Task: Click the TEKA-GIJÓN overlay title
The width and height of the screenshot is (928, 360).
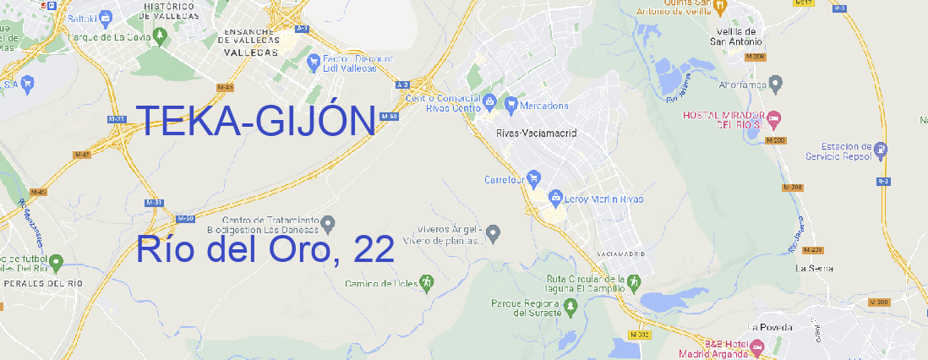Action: [255, 123]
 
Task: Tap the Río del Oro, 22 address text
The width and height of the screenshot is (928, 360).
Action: [265, 249]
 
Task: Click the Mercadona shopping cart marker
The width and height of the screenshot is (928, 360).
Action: [511, 106]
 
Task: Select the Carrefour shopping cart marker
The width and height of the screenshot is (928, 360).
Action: [534, 179]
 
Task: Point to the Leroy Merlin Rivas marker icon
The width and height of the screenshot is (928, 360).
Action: [555, 199]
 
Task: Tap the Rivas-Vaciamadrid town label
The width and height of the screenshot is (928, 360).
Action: [536, 134]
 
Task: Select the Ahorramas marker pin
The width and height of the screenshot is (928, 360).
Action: [777, 84]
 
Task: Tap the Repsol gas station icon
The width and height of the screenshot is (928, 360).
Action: [882, 150]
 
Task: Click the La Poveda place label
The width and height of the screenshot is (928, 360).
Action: [770, 327]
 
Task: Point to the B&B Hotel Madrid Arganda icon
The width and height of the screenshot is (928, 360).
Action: [757, 346]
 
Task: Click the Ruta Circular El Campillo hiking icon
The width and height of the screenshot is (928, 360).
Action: [633, 281]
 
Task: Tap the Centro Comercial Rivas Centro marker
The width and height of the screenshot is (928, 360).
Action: [489, 102]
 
